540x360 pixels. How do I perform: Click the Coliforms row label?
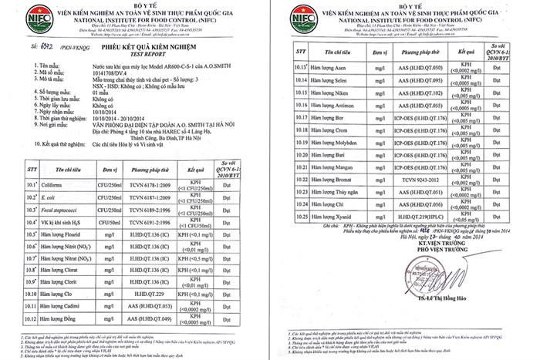(x=49, y=185)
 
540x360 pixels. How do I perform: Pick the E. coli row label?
(x=46, y=197)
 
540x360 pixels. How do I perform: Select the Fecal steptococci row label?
(x=58, y=210)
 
